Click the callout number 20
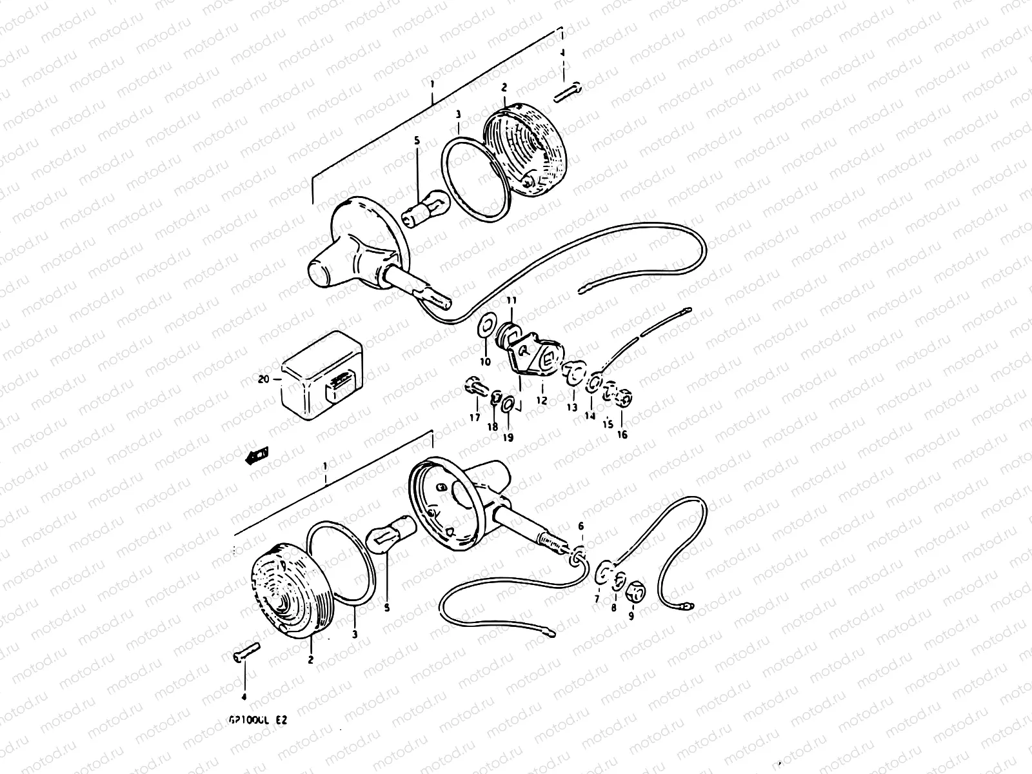pos(263,380)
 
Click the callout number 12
pos(541,401)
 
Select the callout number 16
pos(622,435)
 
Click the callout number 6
pos(580,526)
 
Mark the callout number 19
pos(508,438)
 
